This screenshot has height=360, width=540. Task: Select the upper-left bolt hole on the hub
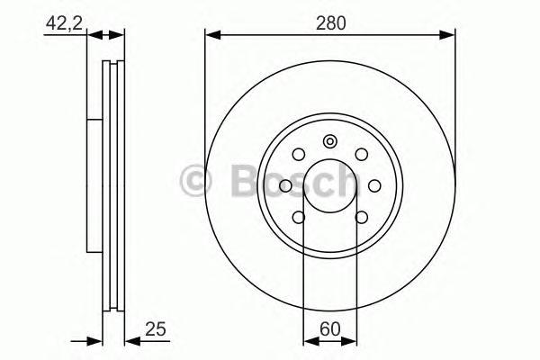tap(299, 154)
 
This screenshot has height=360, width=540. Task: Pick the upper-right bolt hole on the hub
tap(361, 154)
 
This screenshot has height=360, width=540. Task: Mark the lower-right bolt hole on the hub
tap(361, 216)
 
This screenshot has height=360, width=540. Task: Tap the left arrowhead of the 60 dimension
tap(309, 339)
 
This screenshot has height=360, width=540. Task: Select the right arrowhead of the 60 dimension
tap(352, 339)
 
